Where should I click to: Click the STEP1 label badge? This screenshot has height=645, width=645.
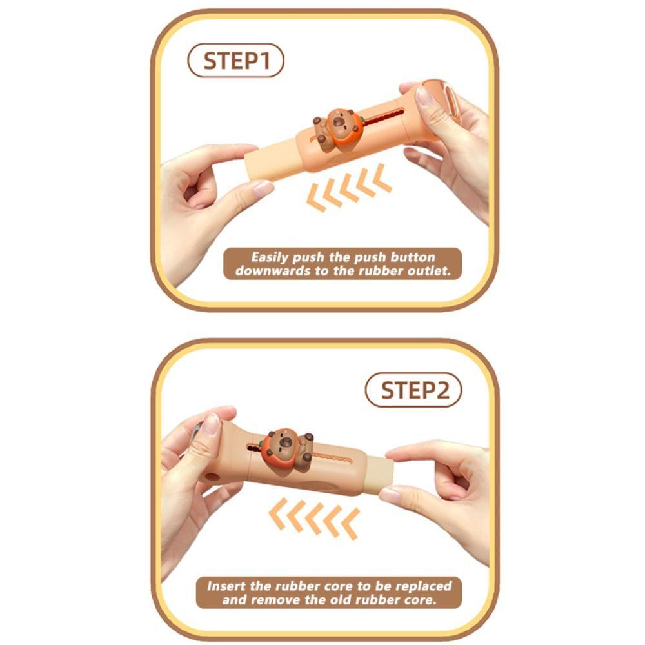[x=235, y=61]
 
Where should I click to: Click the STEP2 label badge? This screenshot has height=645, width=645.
[x=413, y=391]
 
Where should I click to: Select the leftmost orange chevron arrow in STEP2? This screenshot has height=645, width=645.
[x=278, y=516]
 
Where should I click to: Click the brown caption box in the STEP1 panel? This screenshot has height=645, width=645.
[x=342, y=264]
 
